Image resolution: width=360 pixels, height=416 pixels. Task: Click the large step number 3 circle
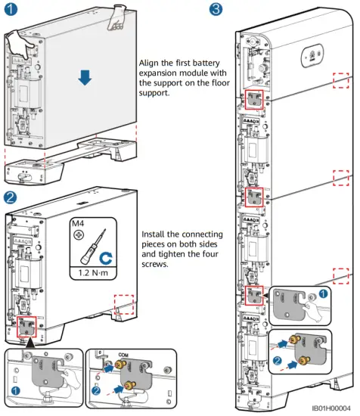(216, 10)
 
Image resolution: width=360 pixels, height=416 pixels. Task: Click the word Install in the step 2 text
(157, 234)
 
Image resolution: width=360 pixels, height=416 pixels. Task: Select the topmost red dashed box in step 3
(343, 79)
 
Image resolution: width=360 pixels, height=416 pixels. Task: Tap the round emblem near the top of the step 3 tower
(309, 56)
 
